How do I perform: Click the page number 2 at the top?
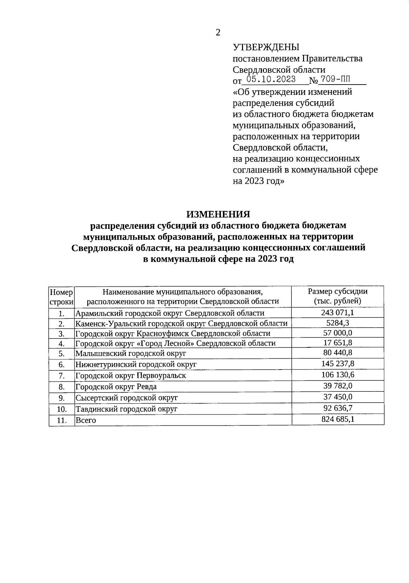pos(218,33)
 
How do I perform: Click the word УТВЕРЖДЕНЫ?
pos(266,47)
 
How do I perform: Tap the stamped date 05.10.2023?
pos(271,80)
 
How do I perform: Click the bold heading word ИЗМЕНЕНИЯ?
pos(218,214)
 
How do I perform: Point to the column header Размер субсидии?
pos(337,291)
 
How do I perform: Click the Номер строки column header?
pos(61,297)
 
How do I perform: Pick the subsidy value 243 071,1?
pos(337,313)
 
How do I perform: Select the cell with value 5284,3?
pos(337,323)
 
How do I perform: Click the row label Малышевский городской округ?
pos(131,354)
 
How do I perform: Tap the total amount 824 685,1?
pos(337,419)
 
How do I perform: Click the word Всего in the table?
pos(86,420)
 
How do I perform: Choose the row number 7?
pos(61,376)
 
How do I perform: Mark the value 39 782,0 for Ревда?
pos(337,386)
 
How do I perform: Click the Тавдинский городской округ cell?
pos(126,409)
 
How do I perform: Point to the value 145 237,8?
pos(337,363)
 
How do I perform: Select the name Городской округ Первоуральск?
pos(131,376)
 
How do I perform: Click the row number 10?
pos(61,409)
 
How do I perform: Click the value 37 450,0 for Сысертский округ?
pos(337,397)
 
